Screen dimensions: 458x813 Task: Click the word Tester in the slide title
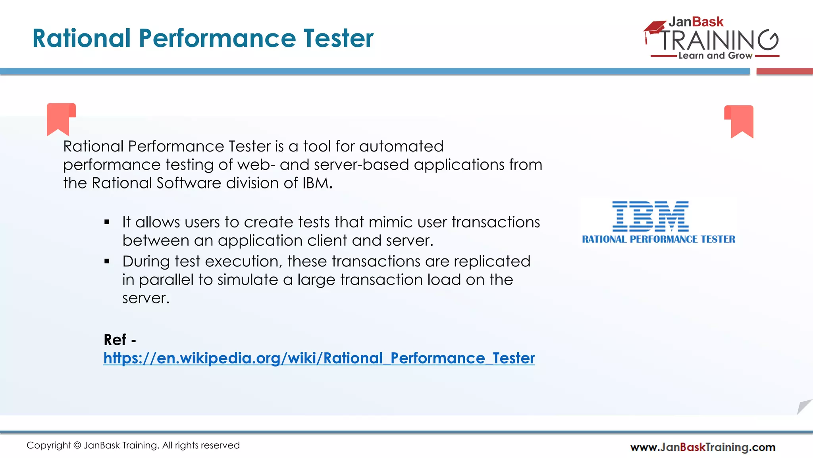click(x=339, y=39)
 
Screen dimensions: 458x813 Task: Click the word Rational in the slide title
click(x=82, y=39)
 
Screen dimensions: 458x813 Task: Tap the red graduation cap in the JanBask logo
click(x=655, y=28)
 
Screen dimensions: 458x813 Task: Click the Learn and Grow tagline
click(x=715, y=56)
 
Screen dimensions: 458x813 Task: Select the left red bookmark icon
click(x=61, y=118)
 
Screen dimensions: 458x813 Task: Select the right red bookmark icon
click(x=739, y=121)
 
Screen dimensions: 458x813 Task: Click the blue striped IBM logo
click(x=651, y=216)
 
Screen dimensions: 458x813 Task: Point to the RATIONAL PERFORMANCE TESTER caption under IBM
click(x=659, y=239)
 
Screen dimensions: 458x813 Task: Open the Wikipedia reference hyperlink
click(x=319, y=358)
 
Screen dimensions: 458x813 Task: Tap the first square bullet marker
click(x=107, y=222)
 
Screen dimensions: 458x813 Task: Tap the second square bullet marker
click(x=107, y=262)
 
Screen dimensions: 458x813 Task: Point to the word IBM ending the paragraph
click(x=316, y=183)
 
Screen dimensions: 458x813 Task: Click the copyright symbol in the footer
click(x=77, y=445)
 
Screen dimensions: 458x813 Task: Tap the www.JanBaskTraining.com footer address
click(x=703, y=447)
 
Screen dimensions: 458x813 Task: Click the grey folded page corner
click(x=803, y=407)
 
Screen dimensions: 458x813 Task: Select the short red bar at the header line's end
click(x=784, y=72)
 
